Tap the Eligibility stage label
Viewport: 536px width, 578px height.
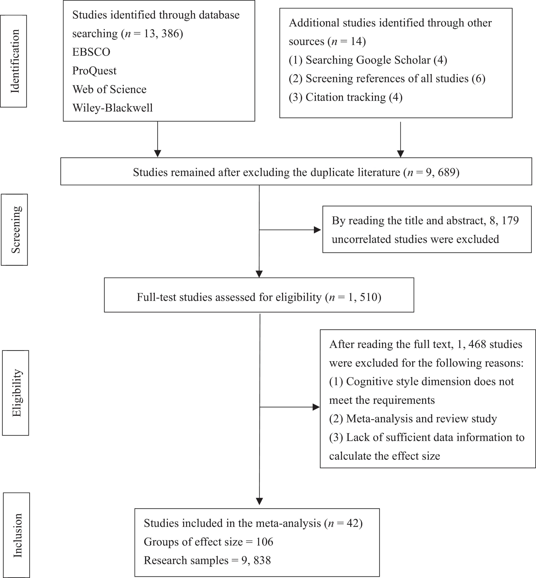tap(16, 393)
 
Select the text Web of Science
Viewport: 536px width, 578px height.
tap(109, 89)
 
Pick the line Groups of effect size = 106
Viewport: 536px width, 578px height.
tap(208, 542)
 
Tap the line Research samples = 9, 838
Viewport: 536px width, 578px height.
tap(207, 560)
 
